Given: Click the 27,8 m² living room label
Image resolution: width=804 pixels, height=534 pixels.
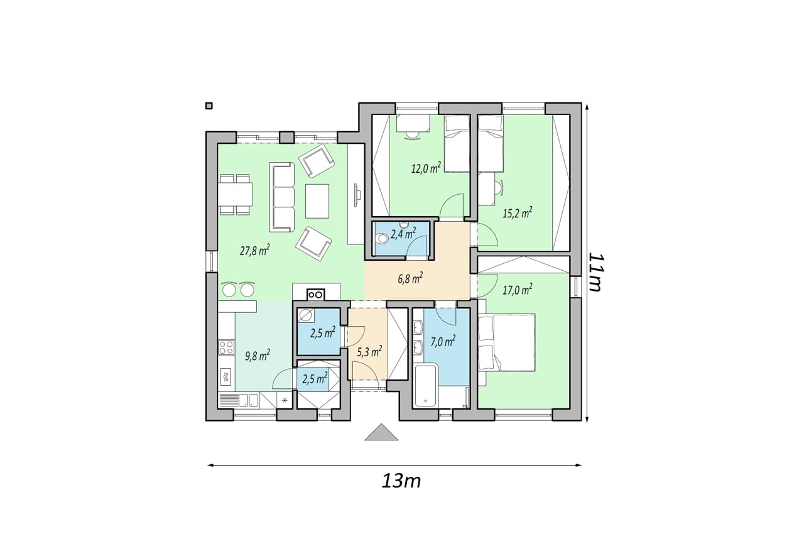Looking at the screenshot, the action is pyautogui.click(x=255, y=250).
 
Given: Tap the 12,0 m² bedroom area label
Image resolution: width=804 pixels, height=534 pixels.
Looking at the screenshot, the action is pyautogui.click(x=426, y=168).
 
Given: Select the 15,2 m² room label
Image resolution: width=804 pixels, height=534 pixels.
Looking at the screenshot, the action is pyautogui.click(x=517, y=213).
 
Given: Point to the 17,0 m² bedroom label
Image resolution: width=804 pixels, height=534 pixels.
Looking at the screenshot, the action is pyautogui.click(x=517, y=290).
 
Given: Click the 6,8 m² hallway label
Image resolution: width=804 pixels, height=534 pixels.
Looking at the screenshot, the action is pyautogui.click(x=410, y=279).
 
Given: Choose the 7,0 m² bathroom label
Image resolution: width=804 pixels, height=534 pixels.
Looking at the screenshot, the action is pyautogui.click(x=443, y=342).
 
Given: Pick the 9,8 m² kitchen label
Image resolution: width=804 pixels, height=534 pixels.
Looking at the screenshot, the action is pyautogui.click(x=258, y=356).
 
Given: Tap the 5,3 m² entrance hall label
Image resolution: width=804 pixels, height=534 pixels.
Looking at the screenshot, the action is pyautogui.click(x=369, y=352).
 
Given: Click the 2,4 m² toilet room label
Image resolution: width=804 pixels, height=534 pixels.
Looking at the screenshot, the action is pyautogui.click(x=403, y=234).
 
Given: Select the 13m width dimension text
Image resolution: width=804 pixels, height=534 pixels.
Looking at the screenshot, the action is pyautogui.click(x=401, y=481).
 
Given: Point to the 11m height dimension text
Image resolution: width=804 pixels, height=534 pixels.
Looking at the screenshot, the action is pyautogui.click(x=596, y=273).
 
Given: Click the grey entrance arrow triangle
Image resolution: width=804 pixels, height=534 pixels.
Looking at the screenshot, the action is pyautogui.click(x=381, y=432).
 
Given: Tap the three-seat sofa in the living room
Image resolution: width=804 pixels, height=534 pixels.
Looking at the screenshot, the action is pyautogui.click(x=282, y=197).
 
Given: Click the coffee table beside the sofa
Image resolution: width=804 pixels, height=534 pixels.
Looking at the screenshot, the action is pyautogui.click(x=317, y=201).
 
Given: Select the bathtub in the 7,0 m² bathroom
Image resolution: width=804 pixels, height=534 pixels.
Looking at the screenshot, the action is pyautogui.click(x=426, y=386).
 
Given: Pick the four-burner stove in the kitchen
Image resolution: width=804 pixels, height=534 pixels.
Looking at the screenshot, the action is pyautogui.click(x=227, y=347).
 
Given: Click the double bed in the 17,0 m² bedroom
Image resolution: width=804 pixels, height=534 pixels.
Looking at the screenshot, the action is pyautogui.click(x=506, y=342).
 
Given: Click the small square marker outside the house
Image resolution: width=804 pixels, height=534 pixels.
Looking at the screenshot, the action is pyautogui.click(x=209, y=106).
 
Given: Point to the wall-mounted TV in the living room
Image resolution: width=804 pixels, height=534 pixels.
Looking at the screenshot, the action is pyautogui.click(x=357, y=195).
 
